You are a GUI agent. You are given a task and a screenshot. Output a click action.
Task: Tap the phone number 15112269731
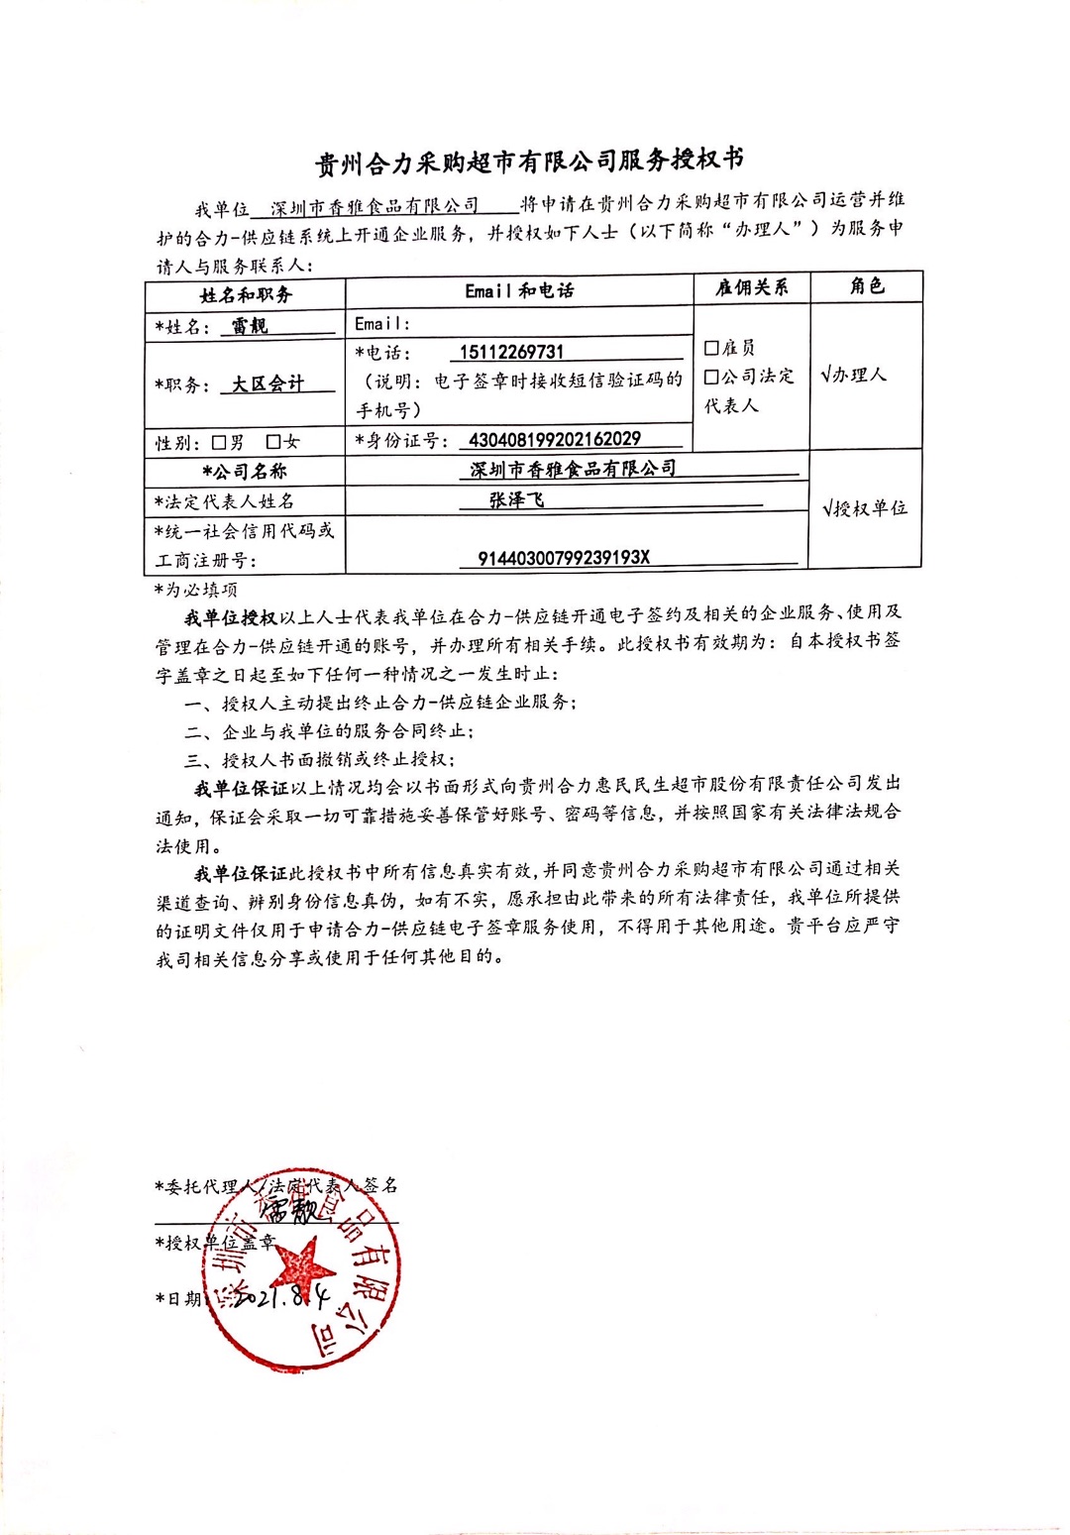click(511, 352)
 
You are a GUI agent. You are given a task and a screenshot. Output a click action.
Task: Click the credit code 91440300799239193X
click(564, 558)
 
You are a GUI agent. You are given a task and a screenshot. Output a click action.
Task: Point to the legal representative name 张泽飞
click(516, 500)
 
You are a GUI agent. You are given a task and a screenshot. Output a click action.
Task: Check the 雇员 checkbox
click(711, 348)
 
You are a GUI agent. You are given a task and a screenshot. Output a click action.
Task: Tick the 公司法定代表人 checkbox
click(711, 378)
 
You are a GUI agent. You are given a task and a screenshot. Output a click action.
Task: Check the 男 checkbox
click(219, 442)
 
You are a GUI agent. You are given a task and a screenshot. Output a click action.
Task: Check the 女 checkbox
click(273, 442)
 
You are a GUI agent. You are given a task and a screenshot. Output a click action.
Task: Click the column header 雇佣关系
click(752, 287)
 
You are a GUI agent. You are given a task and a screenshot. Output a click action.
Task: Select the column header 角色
click(866, 286)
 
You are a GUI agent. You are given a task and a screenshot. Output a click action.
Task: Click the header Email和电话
click(519, 290)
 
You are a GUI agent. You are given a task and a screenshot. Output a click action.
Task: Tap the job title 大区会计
click(267, 384)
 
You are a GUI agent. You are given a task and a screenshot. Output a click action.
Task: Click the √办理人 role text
click(853, 375)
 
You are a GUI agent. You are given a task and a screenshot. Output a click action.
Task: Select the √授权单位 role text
click(865, 508)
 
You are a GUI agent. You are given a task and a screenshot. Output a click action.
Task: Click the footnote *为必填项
click(195, 589)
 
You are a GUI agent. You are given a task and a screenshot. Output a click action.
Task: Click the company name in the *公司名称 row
click(574, 468)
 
